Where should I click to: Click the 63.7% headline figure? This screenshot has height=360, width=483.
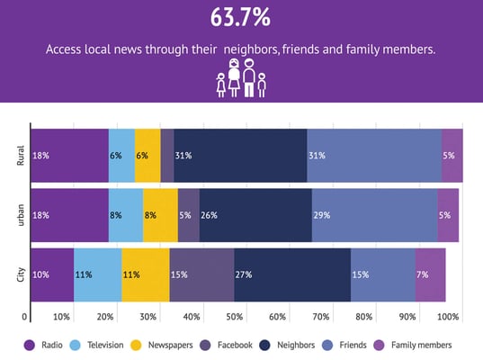point(240,18)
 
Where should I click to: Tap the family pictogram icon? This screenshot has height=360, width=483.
point(241,78)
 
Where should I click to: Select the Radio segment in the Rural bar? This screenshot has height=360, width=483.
point(70,156)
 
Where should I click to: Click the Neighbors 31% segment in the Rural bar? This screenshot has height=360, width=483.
point(240,156)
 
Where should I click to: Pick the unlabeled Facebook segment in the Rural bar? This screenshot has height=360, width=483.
point(167,156)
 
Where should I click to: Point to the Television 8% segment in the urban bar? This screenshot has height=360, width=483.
point(126,215)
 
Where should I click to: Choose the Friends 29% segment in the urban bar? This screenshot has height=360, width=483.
point(374,215)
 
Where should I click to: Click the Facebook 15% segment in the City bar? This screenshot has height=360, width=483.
point(201,274)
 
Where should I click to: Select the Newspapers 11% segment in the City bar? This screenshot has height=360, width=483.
point(146,274)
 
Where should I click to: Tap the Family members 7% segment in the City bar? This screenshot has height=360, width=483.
point(430,274)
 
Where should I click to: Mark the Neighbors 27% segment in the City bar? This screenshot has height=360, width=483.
point(292,274)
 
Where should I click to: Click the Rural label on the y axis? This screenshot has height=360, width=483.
point(21,156)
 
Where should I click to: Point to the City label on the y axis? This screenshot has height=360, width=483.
point(21,274)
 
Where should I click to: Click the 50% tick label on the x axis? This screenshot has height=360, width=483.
point(235,317)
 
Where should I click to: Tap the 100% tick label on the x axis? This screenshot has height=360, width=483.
point(448,317)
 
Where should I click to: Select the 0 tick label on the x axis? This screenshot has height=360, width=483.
point(24,317)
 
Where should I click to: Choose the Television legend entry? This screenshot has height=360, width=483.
point(97,346)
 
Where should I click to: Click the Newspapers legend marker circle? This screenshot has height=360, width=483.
point(136,346)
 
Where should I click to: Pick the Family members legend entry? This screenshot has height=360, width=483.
point(413,346)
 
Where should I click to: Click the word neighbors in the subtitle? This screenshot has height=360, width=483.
point(250,49)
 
